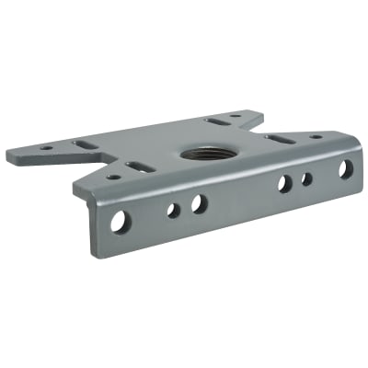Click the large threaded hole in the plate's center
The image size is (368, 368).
click(201, 152)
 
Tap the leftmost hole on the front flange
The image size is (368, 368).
click(120, 221)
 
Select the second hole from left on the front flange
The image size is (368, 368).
click(173, 210)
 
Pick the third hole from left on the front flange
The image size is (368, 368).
click(199, 203)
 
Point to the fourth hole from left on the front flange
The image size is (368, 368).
click(284, 184)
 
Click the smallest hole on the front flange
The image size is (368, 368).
click(307, 178)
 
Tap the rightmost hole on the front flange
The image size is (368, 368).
click(346, 169)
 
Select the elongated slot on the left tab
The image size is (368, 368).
click(80, 145)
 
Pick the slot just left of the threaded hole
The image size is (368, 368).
click(141, 167)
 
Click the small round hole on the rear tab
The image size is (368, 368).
click(236, 116)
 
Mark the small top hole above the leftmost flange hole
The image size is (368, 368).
click(112, 177)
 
